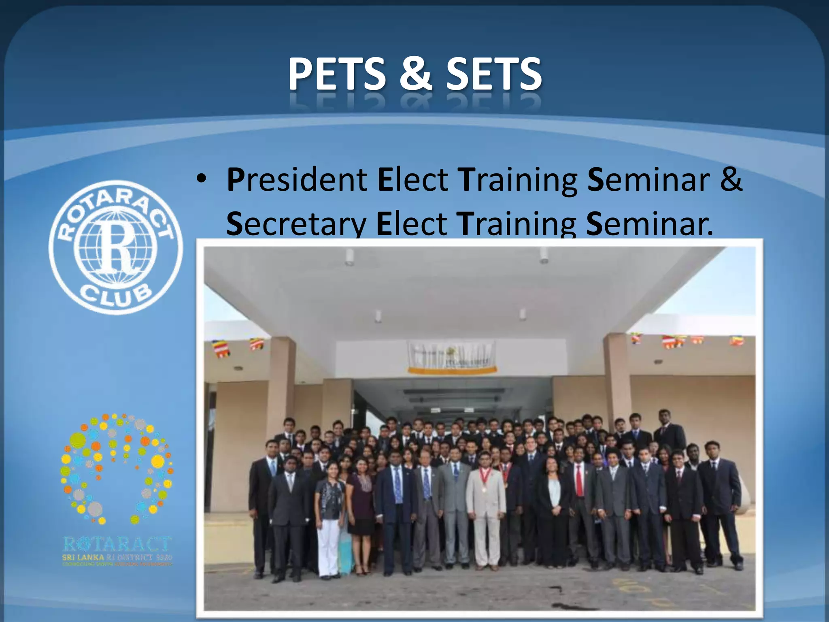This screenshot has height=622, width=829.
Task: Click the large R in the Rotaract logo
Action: coord(116,247)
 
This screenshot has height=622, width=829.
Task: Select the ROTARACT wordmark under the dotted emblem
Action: coord(117,544)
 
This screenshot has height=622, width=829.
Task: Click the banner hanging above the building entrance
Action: coord(452,356)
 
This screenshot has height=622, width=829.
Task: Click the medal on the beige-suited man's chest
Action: coord(483,490)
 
